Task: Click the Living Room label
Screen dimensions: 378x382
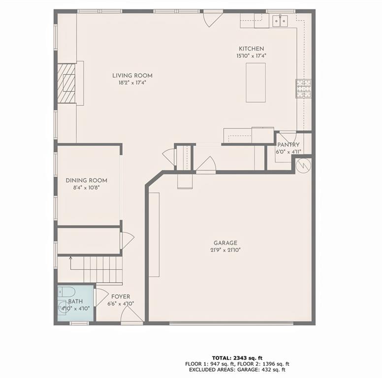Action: pyautogui.click(x=132, y=75)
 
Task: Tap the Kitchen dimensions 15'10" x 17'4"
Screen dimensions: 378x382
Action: pyautogui.click(x=251, y=56)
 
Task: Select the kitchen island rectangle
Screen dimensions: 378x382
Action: pyautogui.click(x=255, y=82)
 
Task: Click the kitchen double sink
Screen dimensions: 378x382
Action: pyautogui.click(x=281, y=20)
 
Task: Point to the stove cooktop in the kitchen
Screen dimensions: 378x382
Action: pyautogui.click(x=303, y=88)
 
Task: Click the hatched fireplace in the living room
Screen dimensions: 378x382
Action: pyautogui.click(x=66, y=83)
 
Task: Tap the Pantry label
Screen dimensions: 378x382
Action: pyautogui.click(x=288, y=145)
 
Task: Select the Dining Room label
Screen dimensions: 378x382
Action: pyautogui.click(x=87, y=181)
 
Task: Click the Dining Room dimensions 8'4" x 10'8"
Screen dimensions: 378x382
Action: pyautogui.click(x=87, y=188)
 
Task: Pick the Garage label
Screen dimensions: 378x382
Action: pyautogui.click(x=225, y=243)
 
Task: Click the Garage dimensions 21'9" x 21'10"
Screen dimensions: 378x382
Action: pyautogui.click(x=225, y=250)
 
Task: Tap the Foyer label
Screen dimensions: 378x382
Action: pyautogui.click(x=121, y=297)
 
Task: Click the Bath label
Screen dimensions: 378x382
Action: pyautogui.click(x=75, y=301)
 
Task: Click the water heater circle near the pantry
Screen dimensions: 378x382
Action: pyautogui.click(x=304, y=164)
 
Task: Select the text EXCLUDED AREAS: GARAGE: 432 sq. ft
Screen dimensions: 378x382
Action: pyautogui.click(x=235, y=370)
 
